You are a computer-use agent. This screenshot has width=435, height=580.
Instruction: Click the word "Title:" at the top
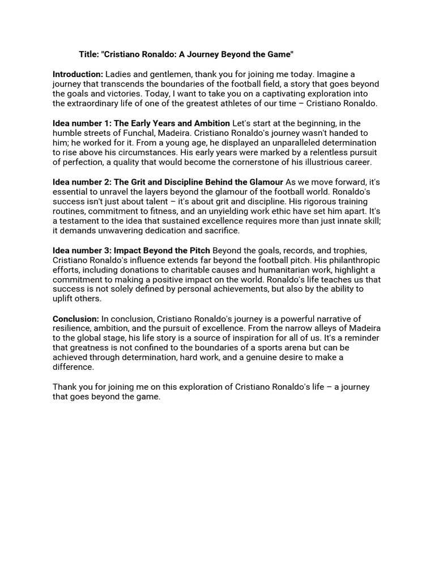click(89, 54)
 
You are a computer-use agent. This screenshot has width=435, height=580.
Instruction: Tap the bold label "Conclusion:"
click(76, 318)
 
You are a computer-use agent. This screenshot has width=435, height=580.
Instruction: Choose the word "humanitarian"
click(273, 270)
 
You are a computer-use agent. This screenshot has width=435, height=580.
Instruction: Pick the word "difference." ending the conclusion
click(74, 367)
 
